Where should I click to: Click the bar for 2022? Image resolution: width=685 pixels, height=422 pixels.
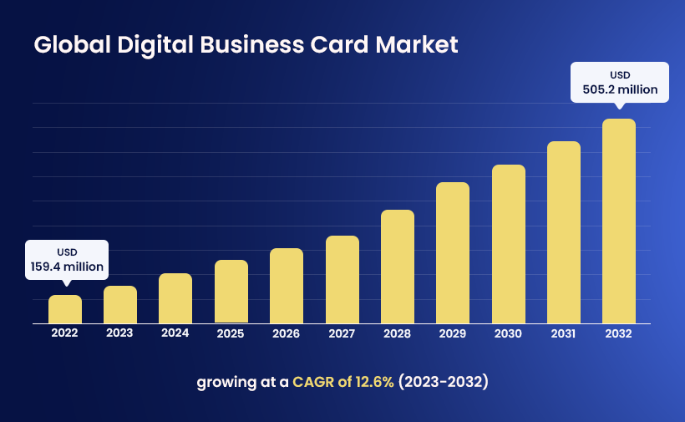coord(65,309)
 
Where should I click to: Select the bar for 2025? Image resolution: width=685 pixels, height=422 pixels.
coord(231,292)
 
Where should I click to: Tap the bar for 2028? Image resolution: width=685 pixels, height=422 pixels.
coord(398,267)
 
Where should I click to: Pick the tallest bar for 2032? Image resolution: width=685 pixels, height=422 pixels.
coord(619,221)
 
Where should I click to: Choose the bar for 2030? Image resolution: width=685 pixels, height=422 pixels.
coord(508,244)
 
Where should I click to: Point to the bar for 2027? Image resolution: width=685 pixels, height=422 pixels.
coord(342,279)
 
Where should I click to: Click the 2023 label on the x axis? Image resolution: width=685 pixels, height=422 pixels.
coord(119,333)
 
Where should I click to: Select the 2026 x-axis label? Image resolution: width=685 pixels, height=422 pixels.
coord(286,333)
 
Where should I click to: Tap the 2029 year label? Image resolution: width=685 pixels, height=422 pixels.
coord(452,333)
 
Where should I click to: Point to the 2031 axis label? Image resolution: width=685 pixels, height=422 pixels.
coord(563,333)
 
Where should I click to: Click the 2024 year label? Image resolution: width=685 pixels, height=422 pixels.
coord(175,333)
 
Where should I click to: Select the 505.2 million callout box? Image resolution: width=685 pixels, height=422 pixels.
coord(619,81)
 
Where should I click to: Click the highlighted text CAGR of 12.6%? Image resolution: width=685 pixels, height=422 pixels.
coord(343,382)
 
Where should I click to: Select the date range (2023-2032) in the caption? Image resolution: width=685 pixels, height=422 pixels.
coord(443,382)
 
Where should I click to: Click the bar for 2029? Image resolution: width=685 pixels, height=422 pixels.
coord(453,252)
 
